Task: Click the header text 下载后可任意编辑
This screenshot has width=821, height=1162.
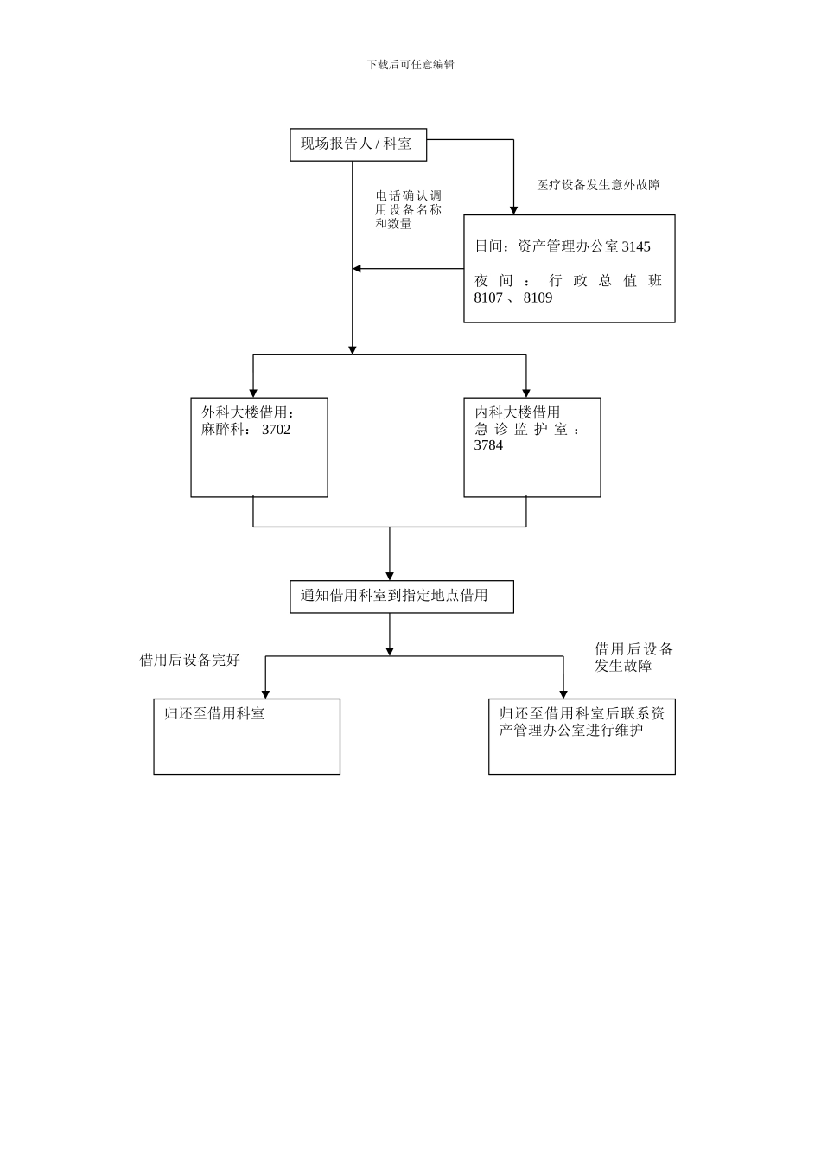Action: [410, 64]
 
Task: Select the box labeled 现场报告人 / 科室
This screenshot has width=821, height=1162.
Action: [358, 144]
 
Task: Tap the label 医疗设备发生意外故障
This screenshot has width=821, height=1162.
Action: [598, 185]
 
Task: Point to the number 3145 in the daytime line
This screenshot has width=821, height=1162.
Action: [635, 247]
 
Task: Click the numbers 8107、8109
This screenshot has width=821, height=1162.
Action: [512, 298]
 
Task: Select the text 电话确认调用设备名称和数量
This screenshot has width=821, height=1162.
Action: [408, 210]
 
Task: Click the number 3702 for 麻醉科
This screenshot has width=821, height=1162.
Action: [276, 430]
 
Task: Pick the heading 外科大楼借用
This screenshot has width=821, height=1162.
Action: [248, 413]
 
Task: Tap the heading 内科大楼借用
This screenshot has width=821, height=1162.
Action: [517, 413]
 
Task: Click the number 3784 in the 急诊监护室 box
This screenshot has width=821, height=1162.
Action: [488, 446]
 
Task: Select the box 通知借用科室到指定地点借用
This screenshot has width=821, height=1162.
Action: [401, 597]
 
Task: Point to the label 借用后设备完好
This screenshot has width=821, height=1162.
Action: [189, 661]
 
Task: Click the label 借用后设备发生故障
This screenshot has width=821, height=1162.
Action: [633, 658]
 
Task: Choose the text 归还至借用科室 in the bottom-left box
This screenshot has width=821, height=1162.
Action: [214, 714]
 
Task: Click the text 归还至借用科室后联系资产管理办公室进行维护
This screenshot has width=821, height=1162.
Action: [581, 723]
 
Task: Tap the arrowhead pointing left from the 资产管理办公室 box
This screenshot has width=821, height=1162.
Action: [357, 269]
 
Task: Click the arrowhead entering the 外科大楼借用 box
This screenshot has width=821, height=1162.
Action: [253, 393]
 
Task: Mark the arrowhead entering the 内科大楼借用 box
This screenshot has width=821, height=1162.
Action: [525, 393]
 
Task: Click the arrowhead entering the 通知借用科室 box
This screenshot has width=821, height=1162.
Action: [390, 576]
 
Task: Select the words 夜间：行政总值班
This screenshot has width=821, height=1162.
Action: [568, 281]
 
